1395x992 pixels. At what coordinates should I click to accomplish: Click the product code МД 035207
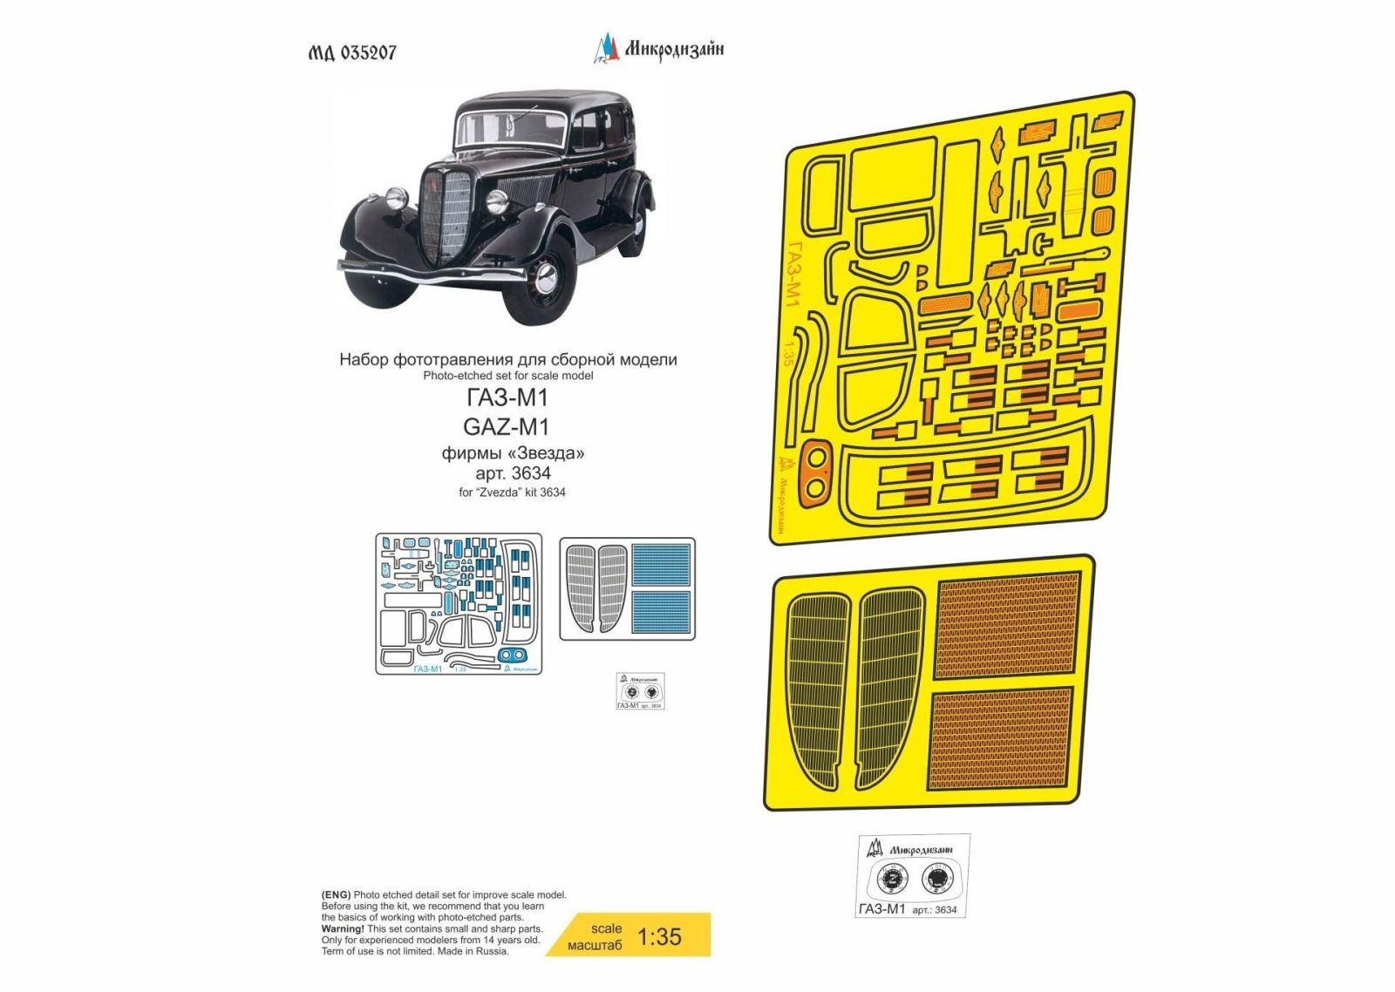(352, 52)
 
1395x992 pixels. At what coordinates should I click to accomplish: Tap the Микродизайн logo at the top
(659, 49)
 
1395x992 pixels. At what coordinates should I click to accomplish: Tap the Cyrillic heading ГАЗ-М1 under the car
(507, 398)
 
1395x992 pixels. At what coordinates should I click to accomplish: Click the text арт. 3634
(513, 473)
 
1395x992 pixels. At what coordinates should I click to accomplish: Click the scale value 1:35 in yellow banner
(659, 937)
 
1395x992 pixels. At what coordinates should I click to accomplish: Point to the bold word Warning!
(343, 929)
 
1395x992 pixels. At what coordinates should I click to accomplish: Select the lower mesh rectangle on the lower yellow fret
(1001, 738)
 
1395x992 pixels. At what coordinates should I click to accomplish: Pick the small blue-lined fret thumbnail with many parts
(459, 603)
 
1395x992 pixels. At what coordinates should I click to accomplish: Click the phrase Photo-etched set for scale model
(507, 376)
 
